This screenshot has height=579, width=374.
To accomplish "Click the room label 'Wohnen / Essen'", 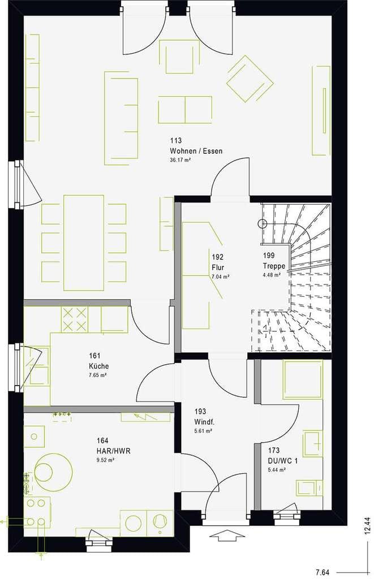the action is pos(196,150).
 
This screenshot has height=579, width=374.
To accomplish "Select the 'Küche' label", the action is pos(98,366).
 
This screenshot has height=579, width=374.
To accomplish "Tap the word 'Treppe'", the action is pos(274,266).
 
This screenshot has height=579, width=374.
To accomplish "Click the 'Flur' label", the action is pos(218,267).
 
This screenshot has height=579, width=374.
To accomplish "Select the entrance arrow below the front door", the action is pos(227,535).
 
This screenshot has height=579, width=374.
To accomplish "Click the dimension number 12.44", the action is pos(367,526).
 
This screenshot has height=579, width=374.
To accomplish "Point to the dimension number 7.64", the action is pos(323,573).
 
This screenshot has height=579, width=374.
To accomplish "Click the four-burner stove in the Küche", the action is pos(75,319).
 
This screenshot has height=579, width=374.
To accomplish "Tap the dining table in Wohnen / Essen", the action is pos(84,243).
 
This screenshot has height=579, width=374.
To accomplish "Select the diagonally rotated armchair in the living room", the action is pos(250,79).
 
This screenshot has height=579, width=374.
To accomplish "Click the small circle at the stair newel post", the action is pos(263,223).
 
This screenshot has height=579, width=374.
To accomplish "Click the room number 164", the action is pos(102,440).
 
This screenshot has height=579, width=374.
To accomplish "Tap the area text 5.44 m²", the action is pos(277,470).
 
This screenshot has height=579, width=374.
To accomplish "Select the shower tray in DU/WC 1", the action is pos(303,379).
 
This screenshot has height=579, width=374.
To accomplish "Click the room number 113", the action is pos(175,140).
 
